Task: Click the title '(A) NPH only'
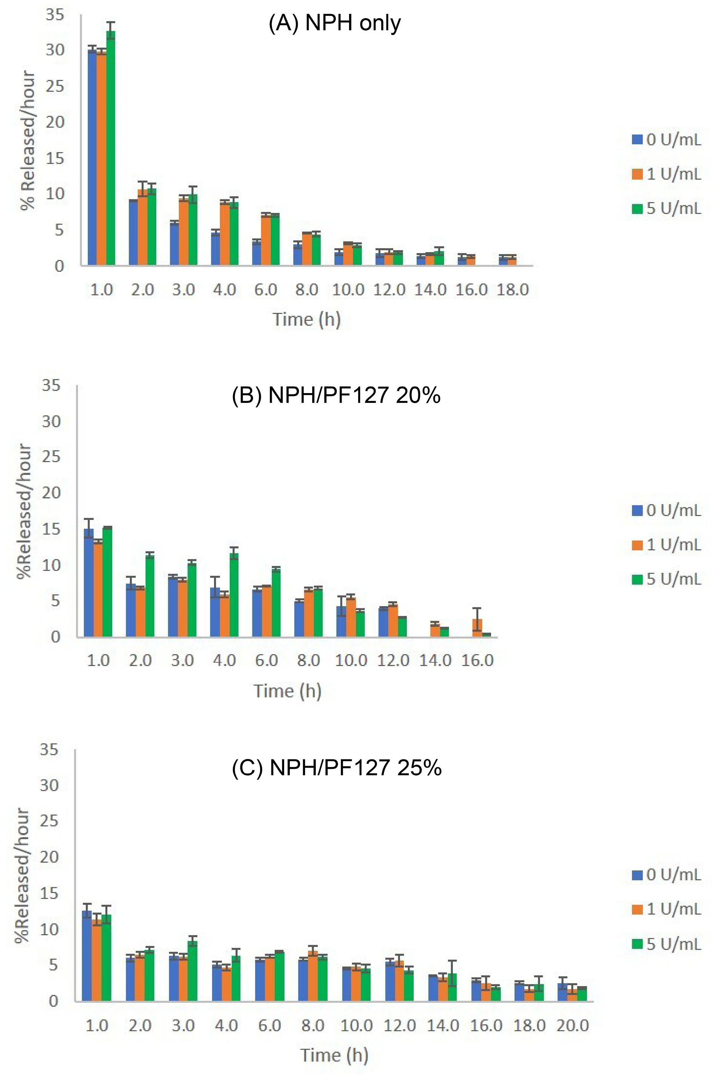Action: [335, 23]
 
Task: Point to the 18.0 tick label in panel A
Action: [513, 290]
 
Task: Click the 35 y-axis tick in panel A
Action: [55, 15]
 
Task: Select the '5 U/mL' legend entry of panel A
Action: [667, 209]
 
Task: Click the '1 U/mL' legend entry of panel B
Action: [667, 545]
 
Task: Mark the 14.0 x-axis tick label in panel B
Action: [435, 660]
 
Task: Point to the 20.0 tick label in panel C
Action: [573, 1025]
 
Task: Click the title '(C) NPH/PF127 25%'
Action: [337, 767]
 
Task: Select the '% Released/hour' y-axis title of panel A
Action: [28, 140]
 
